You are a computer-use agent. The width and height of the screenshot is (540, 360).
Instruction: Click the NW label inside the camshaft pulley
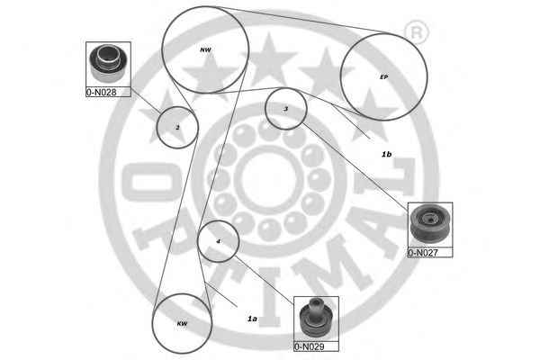[x=205, y=50]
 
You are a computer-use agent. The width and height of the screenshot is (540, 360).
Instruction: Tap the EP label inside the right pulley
[x=384, y=77]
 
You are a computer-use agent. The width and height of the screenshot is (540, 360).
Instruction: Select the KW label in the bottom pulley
[x=182, y=323]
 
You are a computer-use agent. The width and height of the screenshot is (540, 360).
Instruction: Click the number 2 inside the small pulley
[x=177, y=128]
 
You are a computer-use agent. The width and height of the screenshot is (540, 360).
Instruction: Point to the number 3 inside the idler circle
[x=285, y=109]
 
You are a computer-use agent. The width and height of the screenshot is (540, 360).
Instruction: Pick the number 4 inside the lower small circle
[x=218, y=241]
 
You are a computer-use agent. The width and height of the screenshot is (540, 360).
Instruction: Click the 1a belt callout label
[x=252, y=319]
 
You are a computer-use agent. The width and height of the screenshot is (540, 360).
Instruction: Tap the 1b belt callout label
[x=386, y=154]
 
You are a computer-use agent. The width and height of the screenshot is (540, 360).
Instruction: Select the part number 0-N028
[x=101, y=92]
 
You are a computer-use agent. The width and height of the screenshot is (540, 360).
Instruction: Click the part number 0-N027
[x=423, y=253]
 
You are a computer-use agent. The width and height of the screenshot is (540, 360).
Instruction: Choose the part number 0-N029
[x=310, y=346]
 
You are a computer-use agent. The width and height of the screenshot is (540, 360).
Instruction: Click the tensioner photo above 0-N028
[x=108, y=64]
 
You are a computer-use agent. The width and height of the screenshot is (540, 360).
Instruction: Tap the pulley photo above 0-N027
[x=430, y=225]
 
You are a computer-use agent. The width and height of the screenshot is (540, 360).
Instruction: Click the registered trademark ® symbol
[x=416, y=32]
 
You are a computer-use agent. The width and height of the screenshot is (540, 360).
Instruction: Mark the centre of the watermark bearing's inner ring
[x=268, y=180]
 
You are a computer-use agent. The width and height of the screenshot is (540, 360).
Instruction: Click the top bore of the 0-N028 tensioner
[x=107, y=53]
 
